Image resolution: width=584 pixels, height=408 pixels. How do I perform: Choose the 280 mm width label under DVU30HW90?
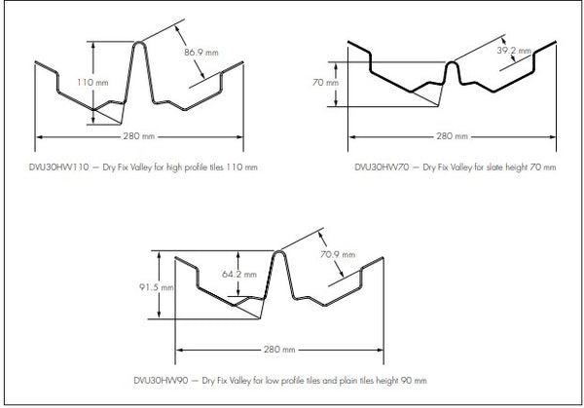click(279, 349)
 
